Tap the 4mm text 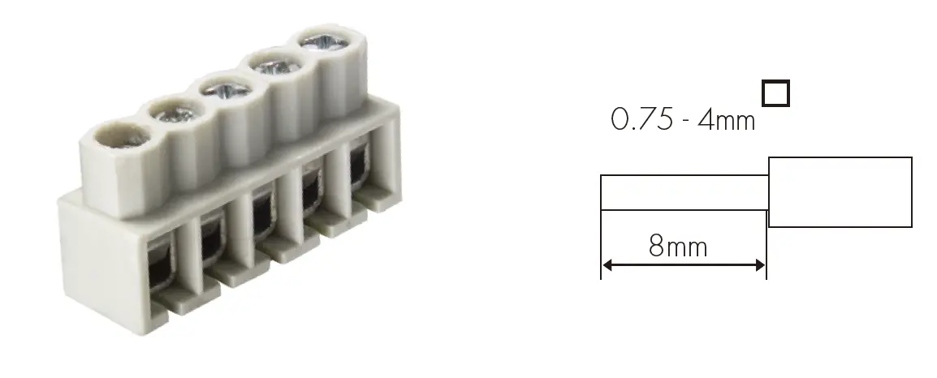pos(727,120)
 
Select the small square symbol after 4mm pos(776,94)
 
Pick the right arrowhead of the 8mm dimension pos(760,265)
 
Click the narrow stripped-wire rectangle pos(684,191)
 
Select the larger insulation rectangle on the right pos(840,192)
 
